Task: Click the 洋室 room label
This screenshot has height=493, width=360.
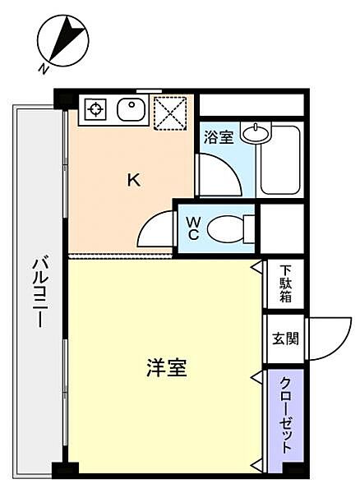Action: point(167,369)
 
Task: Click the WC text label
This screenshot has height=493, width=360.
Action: point(193,227)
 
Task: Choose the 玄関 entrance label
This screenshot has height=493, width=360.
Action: point(284,339)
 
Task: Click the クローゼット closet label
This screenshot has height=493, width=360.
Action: point(284,416)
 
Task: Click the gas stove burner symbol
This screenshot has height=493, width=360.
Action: point(96,108)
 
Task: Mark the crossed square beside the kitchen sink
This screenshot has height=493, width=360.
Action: point(171,113)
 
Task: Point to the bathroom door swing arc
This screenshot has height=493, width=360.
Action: point(220,173)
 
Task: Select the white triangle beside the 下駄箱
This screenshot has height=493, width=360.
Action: point(257,268)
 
